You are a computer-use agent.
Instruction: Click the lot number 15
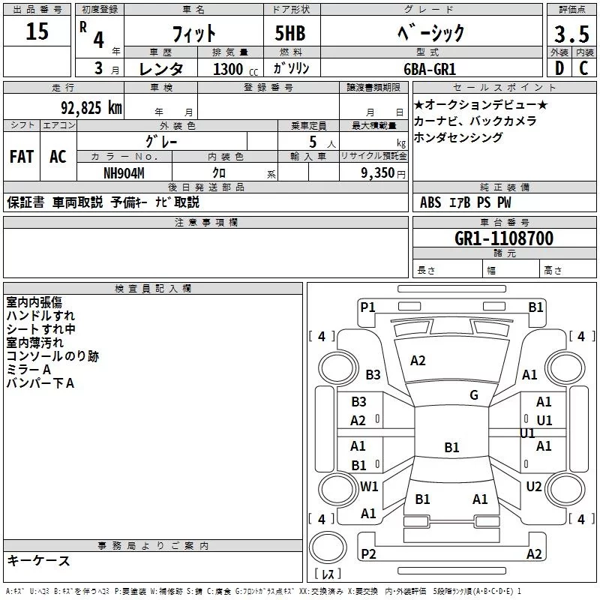click(37, 33)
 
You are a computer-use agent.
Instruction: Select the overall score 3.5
click(570, 34)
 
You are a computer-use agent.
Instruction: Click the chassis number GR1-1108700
click(504, 238)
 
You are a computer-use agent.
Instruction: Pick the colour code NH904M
click(124, 172)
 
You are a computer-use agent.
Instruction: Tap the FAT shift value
click(22, 157)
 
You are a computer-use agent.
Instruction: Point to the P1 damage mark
click(367, 307)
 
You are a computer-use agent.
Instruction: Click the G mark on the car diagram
click(474, 394)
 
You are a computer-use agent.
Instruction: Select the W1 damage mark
click(369, 486)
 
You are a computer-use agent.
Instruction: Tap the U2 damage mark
click(534, 487)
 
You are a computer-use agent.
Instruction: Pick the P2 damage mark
click(367, 553)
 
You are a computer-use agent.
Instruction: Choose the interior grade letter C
click(583, 68)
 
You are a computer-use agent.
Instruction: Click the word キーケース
click(39, 560)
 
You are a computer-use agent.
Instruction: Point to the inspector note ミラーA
click(28, 370)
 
